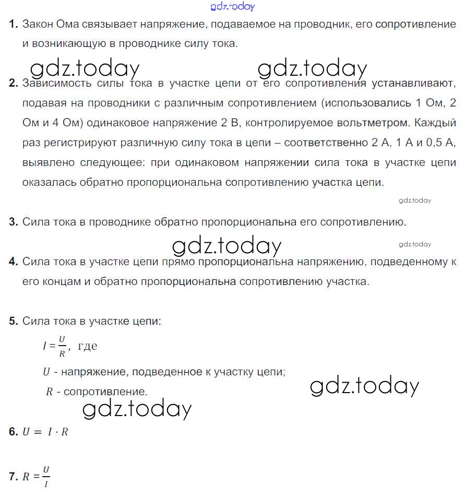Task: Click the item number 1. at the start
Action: pos(14,24)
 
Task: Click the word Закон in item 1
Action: pos(37,24)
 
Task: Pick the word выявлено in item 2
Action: pos(47,162)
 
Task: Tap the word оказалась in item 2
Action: pos(49,182)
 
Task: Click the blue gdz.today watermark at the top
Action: pos(233,6)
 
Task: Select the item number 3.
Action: pos(14,222)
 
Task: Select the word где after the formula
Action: pos(87,346)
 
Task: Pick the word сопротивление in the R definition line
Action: pos(104,391)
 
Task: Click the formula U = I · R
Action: pos(46,432)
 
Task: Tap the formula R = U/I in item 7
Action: pos(37,476)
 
